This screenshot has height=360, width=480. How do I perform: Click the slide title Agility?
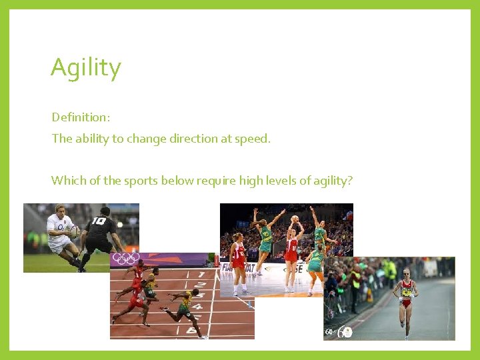point(85,68)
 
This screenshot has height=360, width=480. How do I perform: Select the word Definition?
point(81,117)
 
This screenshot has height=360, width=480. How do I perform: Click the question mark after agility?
point(349,181)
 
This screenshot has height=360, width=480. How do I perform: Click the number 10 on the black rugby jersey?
point(99,221)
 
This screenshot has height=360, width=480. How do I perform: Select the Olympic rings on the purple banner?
point(125,259)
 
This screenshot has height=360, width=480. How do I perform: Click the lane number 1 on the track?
point(201,275)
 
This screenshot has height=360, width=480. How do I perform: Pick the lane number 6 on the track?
point(192,330)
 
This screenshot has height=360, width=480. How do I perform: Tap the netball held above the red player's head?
point(295,219)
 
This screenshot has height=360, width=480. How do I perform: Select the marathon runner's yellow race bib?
point(406,292)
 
